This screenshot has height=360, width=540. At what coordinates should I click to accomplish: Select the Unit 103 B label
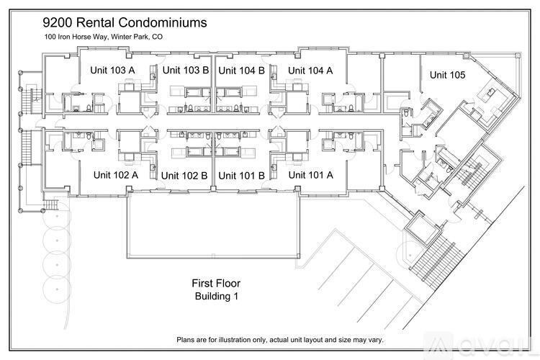[185, 70]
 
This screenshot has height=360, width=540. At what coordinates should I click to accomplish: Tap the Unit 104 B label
[242, 70]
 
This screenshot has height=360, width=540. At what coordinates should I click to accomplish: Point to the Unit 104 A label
[310, 70]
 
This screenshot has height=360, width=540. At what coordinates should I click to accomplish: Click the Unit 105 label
[447, 74]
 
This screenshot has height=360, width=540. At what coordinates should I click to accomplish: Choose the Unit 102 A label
[116, 174]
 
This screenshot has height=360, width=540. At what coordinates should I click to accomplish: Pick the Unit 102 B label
[185, 175]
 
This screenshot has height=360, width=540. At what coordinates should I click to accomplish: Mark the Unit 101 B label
[242, 175]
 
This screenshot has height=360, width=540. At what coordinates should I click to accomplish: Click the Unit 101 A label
[310, 174]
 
